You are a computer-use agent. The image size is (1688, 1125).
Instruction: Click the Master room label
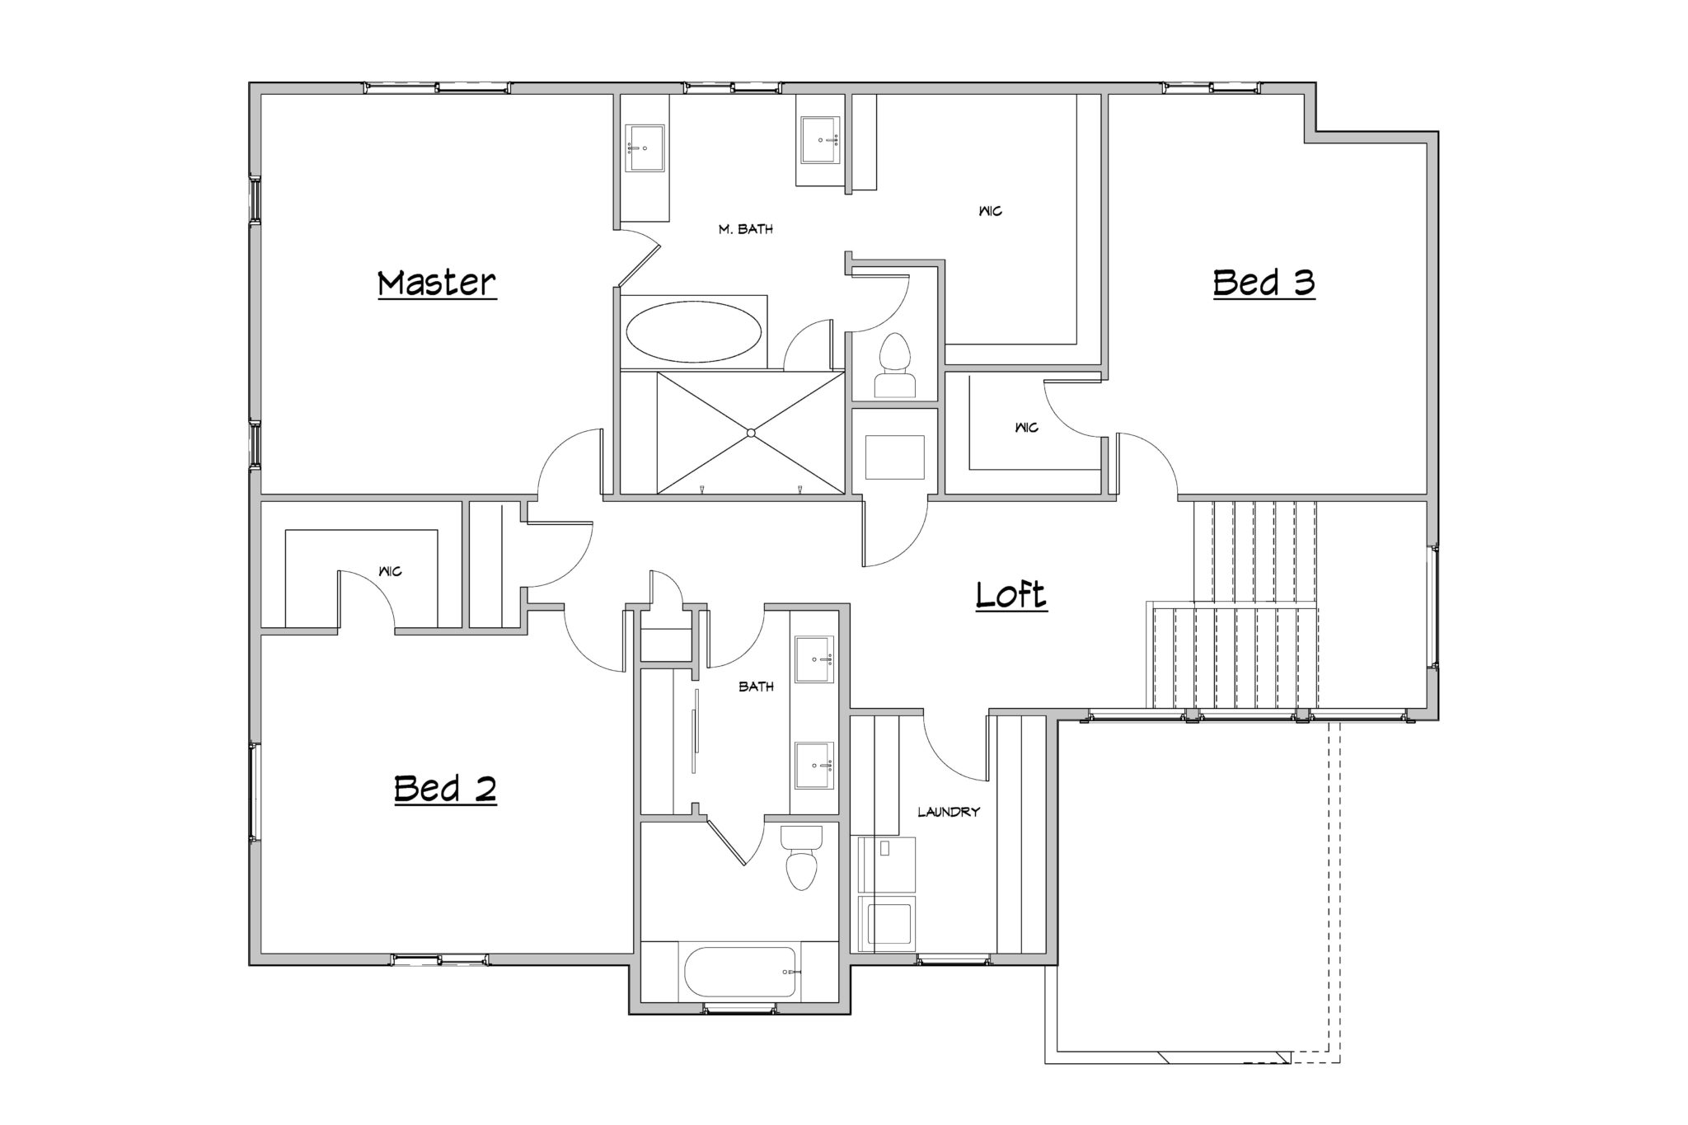pos(437,283)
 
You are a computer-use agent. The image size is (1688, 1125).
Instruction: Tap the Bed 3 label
pos(1264,283)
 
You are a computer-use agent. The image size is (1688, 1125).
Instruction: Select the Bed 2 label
pos(445,789)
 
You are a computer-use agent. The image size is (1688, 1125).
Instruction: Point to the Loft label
pos(1011,594)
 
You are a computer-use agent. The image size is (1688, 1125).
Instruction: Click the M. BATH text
pos(746,229)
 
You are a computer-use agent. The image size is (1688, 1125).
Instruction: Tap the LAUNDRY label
pos(949,812)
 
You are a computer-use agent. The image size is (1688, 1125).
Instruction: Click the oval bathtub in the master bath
pos(693,331)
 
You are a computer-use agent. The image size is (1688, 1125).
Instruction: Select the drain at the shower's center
pos(750,433)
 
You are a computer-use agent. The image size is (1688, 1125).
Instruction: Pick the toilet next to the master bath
pos(894,366)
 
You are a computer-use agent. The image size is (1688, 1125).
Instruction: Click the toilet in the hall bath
pos(800,857)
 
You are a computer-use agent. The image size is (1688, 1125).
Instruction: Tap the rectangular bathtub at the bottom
pos(740,972)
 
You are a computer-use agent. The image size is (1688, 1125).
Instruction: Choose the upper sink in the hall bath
pos(814,659)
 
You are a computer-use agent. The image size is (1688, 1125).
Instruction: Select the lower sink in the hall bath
pos(814,766)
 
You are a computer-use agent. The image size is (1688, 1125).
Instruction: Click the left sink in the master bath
pos(645,148)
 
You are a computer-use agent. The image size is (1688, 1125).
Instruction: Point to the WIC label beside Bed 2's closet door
pos(390,571)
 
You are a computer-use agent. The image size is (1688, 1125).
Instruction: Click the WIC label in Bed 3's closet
pos(1027,428)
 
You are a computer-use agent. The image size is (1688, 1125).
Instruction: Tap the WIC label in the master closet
pos(990,211)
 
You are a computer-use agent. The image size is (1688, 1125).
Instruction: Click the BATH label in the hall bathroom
pos(756,686)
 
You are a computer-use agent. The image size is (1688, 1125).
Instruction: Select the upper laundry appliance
pos(887,865)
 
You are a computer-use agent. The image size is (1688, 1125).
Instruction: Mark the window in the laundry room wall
pos(954,959)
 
